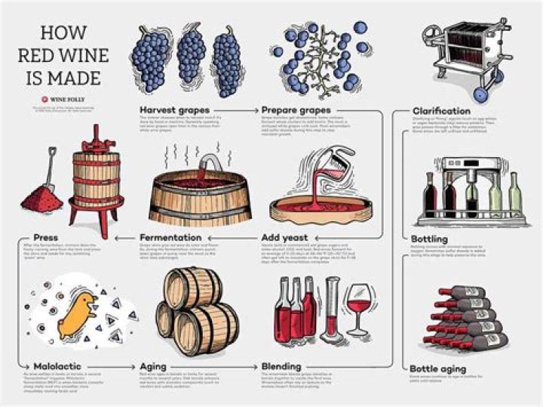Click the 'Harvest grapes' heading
point(168,110)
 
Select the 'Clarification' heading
point(441,111)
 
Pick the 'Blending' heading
point(281,367)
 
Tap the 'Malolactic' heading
point(57,367)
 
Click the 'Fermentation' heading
point(172,239)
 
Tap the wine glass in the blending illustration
point(359,310)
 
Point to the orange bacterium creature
point(78,310)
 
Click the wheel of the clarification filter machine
point(479,94)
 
